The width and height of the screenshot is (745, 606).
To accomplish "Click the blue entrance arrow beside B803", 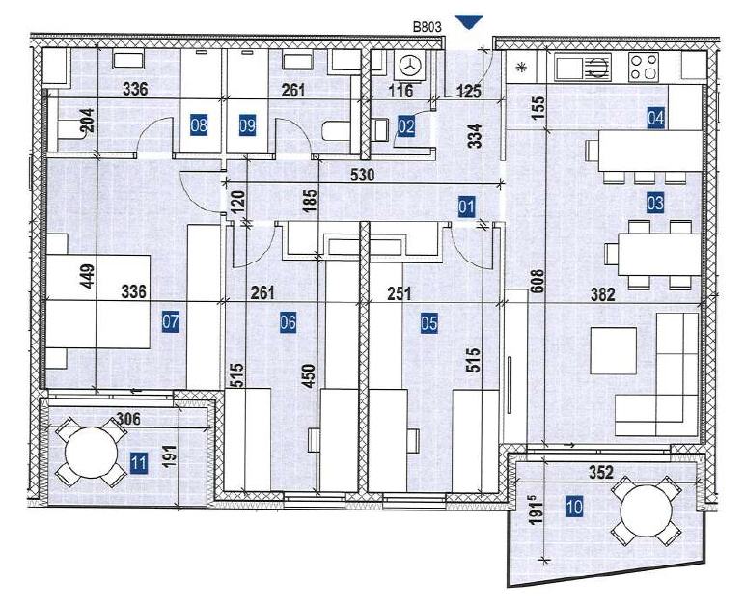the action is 470,21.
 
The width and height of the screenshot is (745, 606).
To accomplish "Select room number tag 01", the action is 467,206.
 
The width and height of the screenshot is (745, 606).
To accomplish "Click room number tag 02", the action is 406,125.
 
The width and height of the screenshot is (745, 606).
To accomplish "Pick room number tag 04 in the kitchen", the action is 656,119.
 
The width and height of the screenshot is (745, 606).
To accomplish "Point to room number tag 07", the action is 171,323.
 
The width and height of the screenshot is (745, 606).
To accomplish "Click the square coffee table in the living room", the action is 613,350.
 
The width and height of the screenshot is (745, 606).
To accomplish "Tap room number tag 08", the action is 200,124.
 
